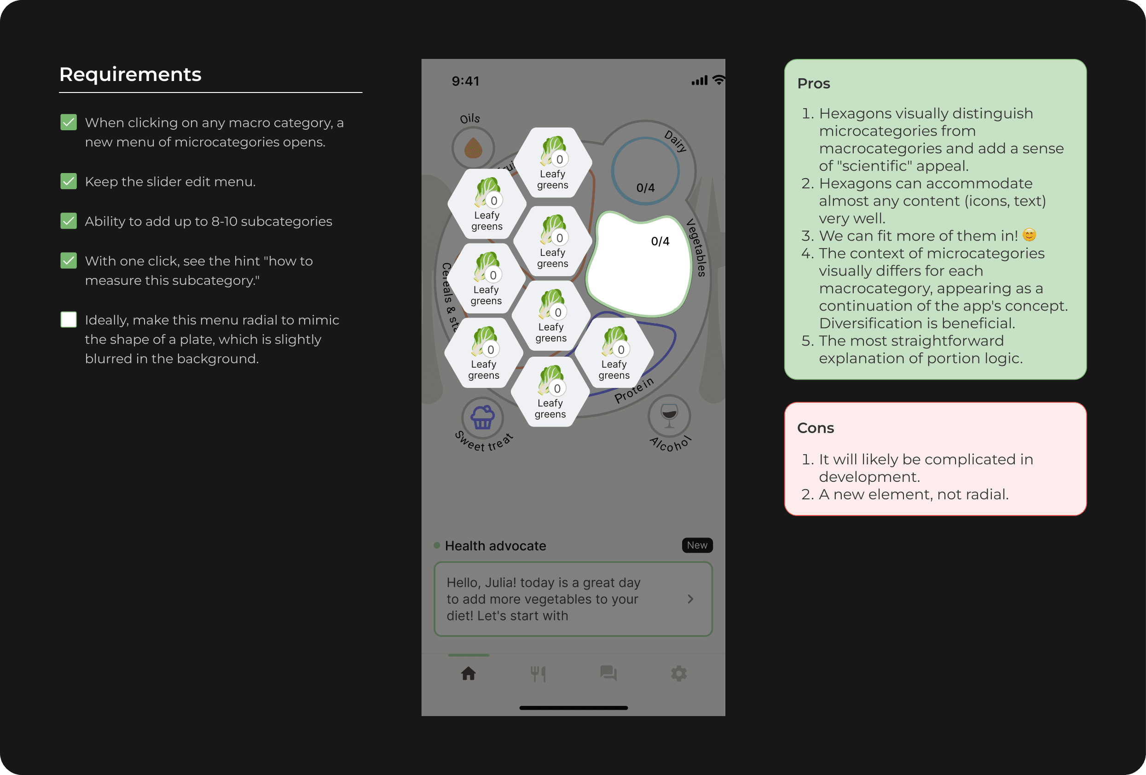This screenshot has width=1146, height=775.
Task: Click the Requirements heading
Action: coord(130,75)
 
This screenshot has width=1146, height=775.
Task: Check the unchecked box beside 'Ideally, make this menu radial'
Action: coord(69,319)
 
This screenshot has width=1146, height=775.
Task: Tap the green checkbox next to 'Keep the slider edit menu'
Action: coord(69,181)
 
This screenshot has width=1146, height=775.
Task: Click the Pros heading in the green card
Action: coord(814,83)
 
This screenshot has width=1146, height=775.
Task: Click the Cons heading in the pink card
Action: coord(815,428)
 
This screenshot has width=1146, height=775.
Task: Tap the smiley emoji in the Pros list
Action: coord(1029,235)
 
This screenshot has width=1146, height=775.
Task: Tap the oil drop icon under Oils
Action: coord(473,148)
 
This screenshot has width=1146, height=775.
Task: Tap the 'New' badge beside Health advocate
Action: coord(697,545)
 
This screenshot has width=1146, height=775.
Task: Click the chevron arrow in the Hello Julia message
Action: coord(690,599)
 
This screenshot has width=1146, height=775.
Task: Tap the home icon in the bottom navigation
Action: coord(469,673)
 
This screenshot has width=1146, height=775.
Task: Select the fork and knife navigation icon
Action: coord(538,673)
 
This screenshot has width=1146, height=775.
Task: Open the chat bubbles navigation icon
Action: coord(608,673)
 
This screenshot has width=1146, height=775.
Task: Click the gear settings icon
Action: coord(678,673)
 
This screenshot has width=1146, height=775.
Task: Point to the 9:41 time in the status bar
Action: coord(465,81)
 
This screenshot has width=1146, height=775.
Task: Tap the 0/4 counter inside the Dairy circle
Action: coord(645,188)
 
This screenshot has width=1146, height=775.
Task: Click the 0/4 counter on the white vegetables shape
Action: coord(660,241)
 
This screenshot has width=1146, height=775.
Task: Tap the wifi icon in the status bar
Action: coord(719,80)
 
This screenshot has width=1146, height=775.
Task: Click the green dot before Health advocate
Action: coord(437,545)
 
